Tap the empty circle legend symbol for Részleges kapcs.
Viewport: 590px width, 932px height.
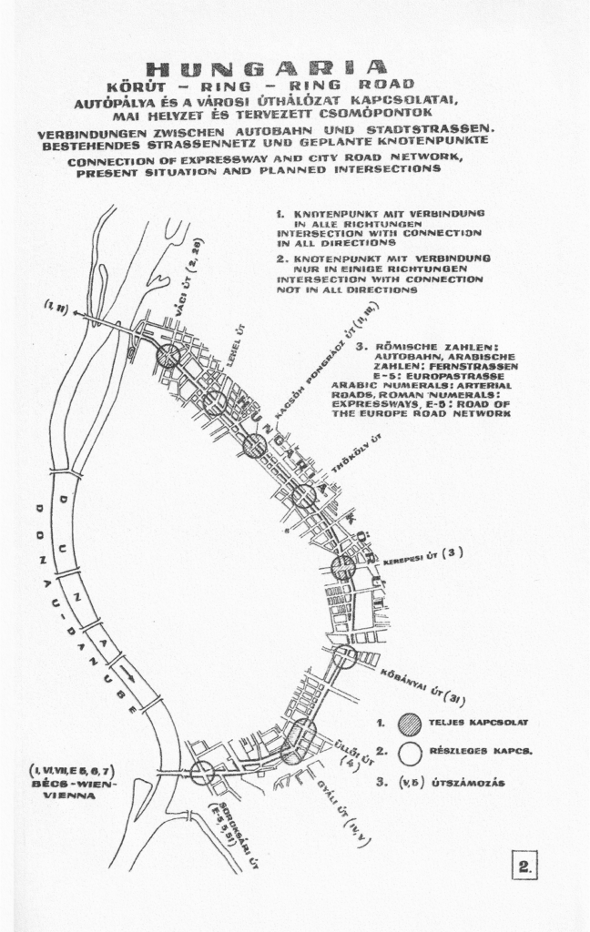pos(412,752)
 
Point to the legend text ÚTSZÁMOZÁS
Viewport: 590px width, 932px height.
pos(482,783)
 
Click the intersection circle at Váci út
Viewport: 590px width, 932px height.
pos(168,356)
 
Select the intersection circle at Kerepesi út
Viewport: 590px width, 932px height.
pos(342,567)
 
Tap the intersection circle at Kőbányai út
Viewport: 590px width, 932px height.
pos(344,656)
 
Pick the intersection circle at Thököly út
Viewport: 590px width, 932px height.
pos(303,496)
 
